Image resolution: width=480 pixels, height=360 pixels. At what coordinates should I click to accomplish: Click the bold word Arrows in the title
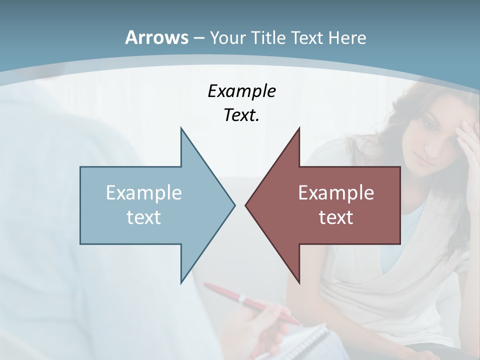[156, 37]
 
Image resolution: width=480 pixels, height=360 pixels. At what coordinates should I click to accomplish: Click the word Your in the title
[228, 38]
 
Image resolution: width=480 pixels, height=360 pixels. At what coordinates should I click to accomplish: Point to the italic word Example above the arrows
[241, 91]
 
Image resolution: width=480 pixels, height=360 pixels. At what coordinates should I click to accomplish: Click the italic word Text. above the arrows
[241, 115]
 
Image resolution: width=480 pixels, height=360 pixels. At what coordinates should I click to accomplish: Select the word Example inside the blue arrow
[144, 193]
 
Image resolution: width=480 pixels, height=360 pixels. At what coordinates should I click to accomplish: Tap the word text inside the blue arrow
[144, 217]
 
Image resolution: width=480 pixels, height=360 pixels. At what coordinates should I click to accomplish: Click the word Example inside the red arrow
[336, 193]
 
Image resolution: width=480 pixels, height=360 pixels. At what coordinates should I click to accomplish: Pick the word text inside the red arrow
[336, 217]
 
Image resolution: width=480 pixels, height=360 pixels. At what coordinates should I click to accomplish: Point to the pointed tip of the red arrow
[246, 204]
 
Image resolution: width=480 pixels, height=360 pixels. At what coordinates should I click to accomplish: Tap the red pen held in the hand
[250, 301]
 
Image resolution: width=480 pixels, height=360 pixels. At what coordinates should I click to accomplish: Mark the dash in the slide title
[198, 38]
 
